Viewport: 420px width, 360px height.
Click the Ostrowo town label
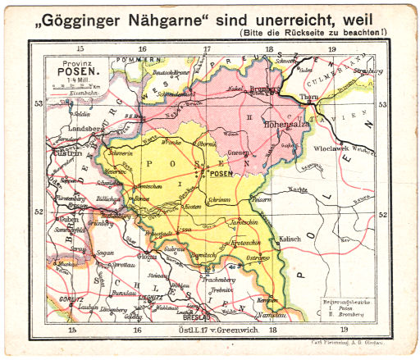click(x=258, y=260)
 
